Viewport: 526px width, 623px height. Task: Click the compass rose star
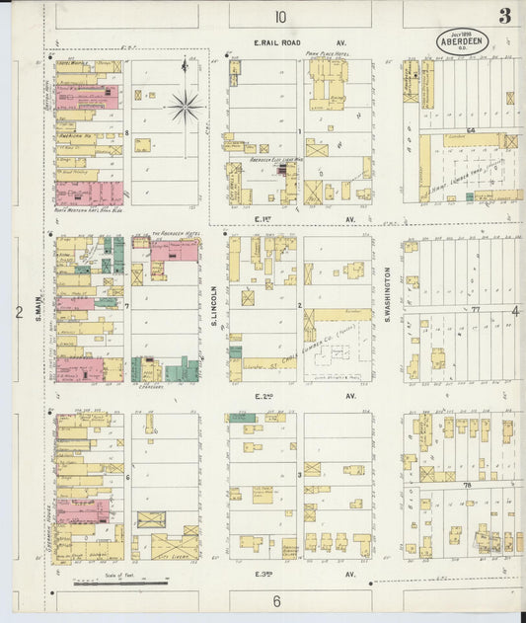185,105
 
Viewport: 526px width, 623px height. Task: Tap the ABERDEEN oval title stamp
463,42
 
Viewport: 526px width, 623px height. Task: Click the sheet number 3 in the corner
504,16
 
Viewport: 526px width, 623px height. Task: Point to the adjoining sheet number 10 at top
281,16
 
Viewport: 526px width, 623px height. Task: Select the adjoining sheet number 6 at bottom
277,601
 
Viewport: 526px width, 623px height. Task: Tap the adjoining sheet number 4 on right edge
515,312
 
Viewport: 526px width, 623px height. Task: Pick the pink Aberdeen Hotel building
174,250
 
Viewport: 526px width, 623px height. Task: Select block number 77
475,309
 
